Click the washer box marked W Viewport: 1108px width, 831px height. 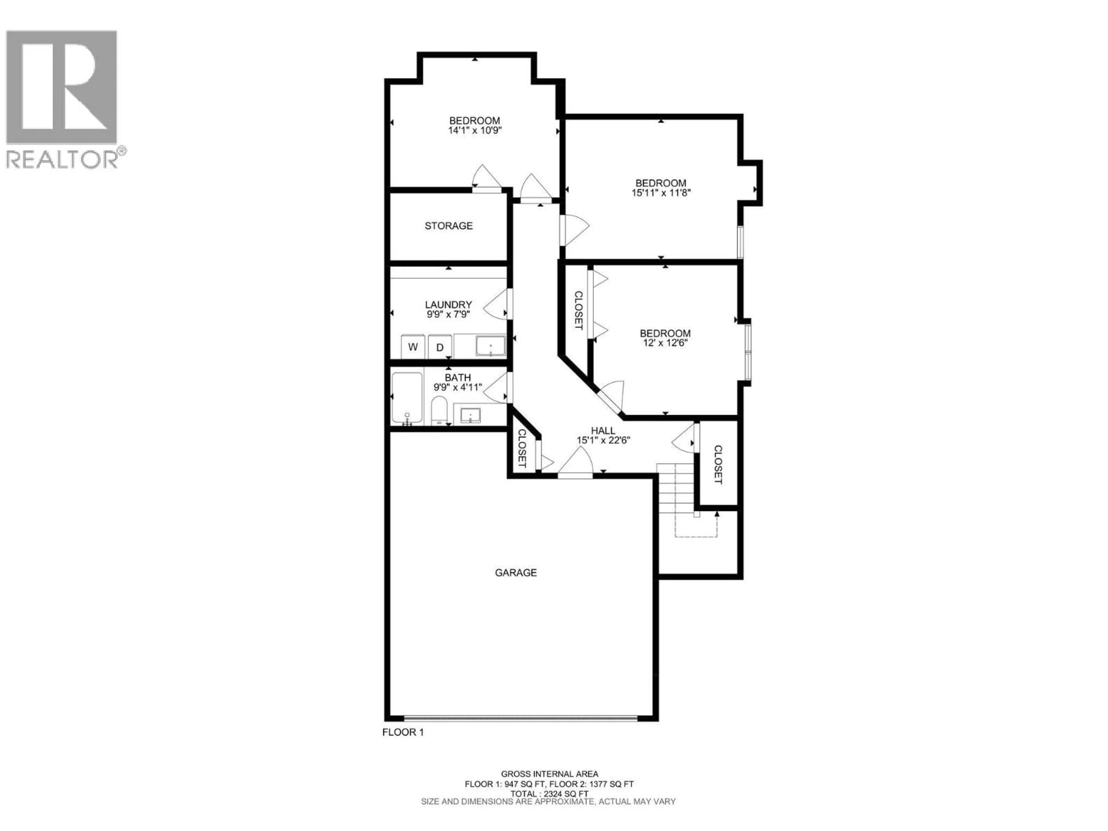pos(413,347)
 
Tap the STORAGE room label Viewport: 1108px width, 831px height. pos(448,226)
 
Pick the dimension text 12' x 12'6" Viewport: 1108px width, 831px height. pos(665,343)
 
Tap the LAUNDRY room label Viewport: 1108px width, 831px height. pos(448,304)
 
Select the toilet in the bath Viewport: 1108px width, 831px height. pos(439,410)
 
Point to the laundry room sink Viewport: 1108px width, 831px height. pos(490,346)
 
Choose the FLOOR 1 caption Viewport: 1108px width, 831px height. pos(403,732)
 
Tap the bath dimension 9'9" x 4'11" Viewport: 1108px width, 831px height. pos(457,387)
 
